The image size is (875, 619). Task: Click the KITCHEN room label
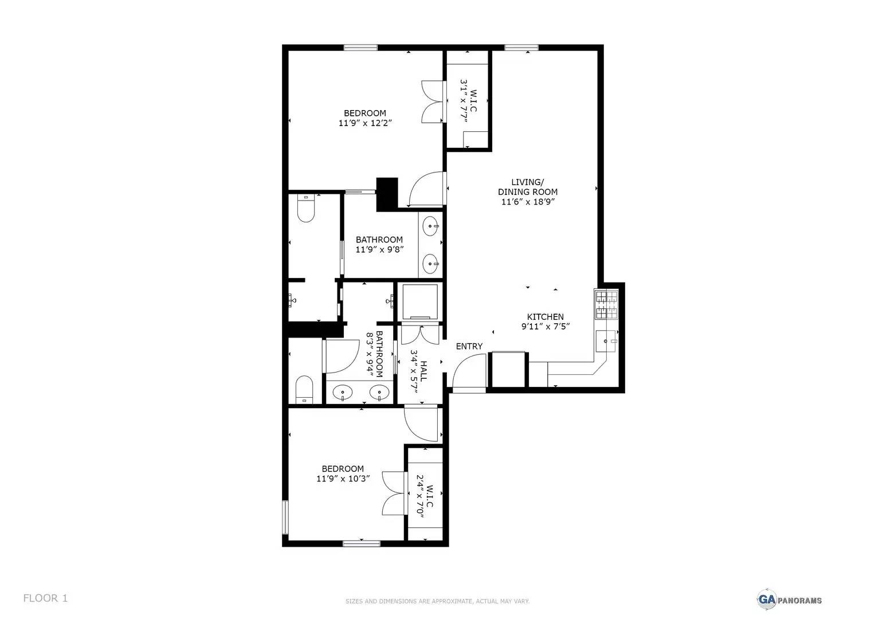pos(545,317)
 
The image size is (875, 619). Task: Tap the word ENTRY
pos(469,346)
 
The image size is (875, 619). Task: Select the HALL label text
pos(423,371)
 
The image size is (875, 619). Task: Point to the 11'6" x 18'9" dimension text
pos(527,202)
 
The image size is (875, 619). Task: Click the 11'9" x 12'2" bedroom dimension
pos(365,123)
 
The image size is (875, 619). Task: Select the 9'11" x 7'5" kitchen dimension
pos(545,327)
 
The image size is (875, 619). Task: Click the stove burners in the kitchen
pos(606,305)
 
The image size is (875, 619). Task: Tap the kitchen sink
pos(606,342)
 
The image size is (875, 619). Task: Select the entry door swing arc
pos(469,371)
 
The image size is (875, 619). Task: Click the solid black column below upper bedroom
pos(387,193)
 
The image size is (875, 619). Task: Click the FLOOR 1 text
pos(45,598)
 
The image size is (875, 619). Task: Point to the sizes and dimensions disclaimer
pos(437,601)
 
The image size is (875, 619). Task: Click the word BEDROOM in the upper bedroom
pos(365,113)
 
